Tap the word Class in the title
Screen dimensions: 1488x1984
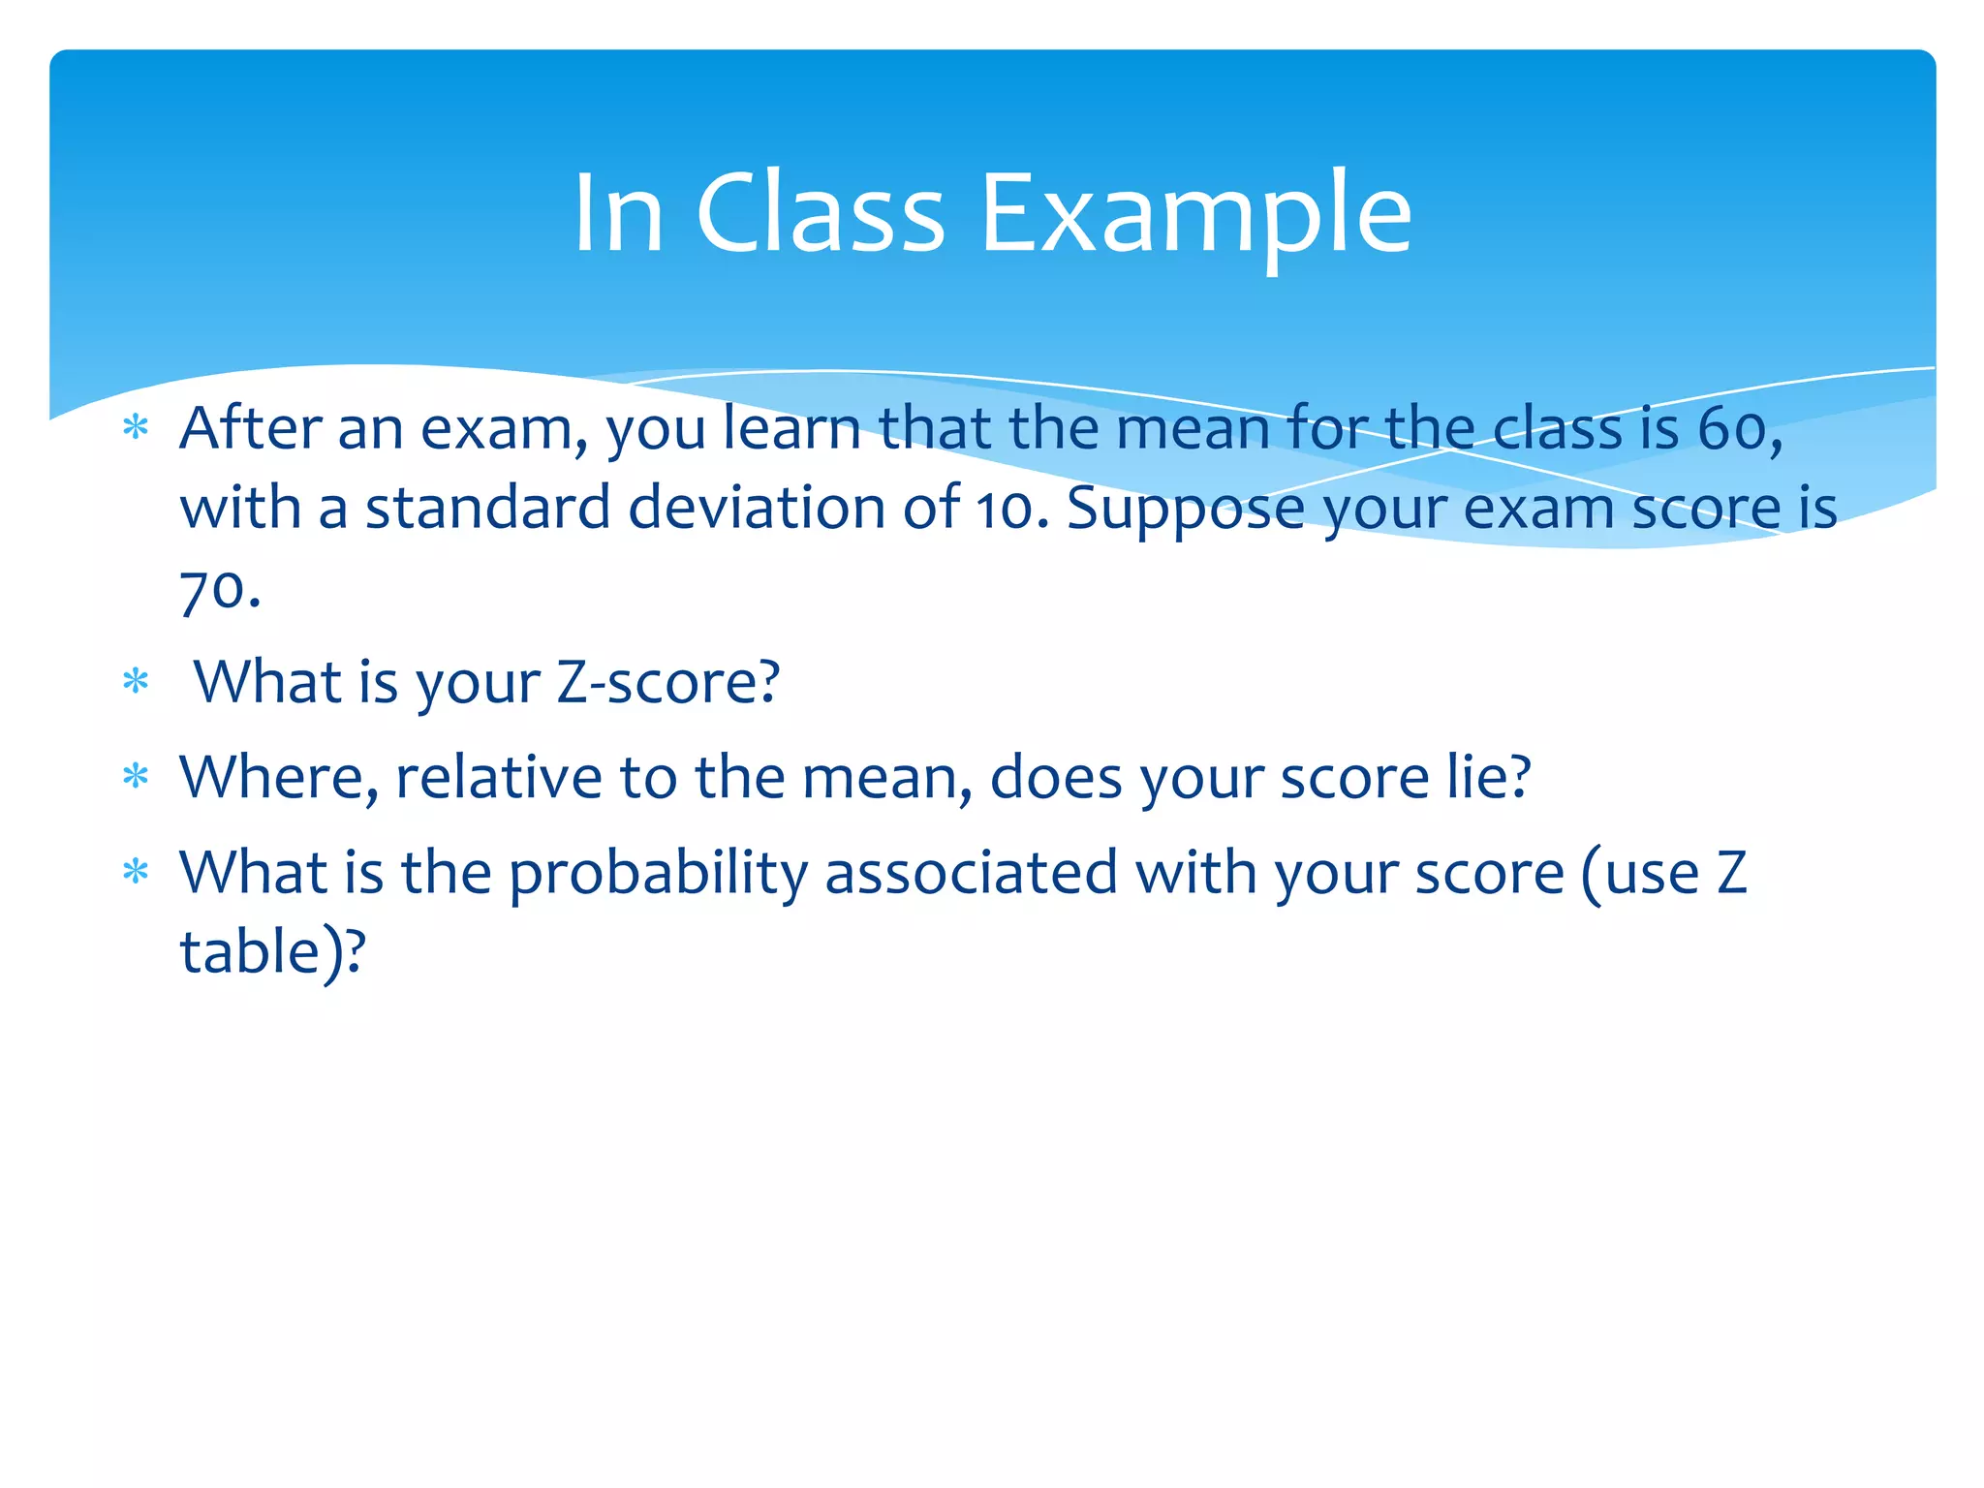tap(820, 213)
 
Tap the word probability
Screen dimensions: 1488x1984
tap(658, 874)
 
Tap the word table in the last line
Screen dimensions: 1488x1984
tap(250, 951)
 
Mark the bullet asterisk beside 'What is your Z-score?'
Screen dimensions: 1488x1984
tap(136, 683)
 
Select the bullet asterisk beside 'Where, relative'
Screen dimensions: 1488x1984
tap(136, 778)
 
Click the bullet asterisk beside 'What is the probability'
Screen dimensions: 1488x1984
tap(136, 873)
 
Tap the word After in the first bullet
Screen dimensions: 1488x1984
tap(250, 428)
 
